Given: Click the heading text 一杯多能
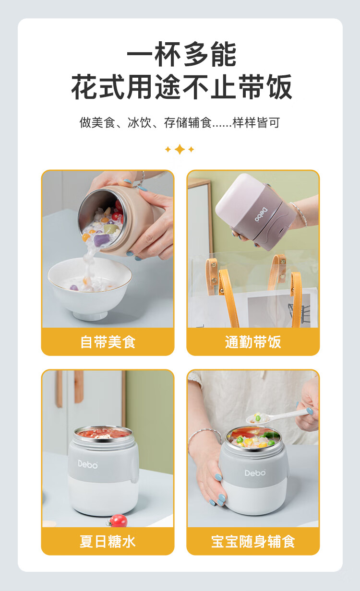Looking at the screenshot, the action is tap(181, 54).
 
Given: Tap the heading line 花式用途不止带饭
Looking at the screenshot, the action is tap(181, 86).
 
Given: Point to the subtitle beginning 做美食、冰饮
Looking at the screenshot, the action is tap(180, 122).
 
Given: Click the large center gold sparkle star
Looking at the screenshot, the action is tap(180, 149).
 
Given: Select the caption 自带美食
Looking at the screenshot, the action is tap(108, 342).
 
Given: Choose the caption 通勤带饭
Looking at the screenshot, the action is tap(253, 342).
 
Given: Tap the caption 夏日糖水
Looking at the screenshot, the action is tap(108, 542).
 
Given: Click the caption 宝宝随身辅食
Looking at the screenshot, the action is tap(253, 542).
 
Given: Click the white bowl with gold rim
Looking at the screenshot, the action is tap(90, 288).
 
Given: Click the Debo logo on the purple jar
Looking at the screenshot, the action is tap(261, 215).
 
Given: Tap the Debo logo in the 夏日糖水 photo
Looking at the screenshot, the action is tap(88, 464).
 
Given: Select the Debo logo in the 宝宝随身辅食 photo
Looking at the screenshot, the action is tap(255, 473).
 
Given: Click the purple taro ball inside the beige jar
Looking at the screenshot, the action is tap(101, 240).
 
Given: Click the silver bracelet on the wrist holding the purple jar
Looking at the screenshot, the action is tap(300, 214).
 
